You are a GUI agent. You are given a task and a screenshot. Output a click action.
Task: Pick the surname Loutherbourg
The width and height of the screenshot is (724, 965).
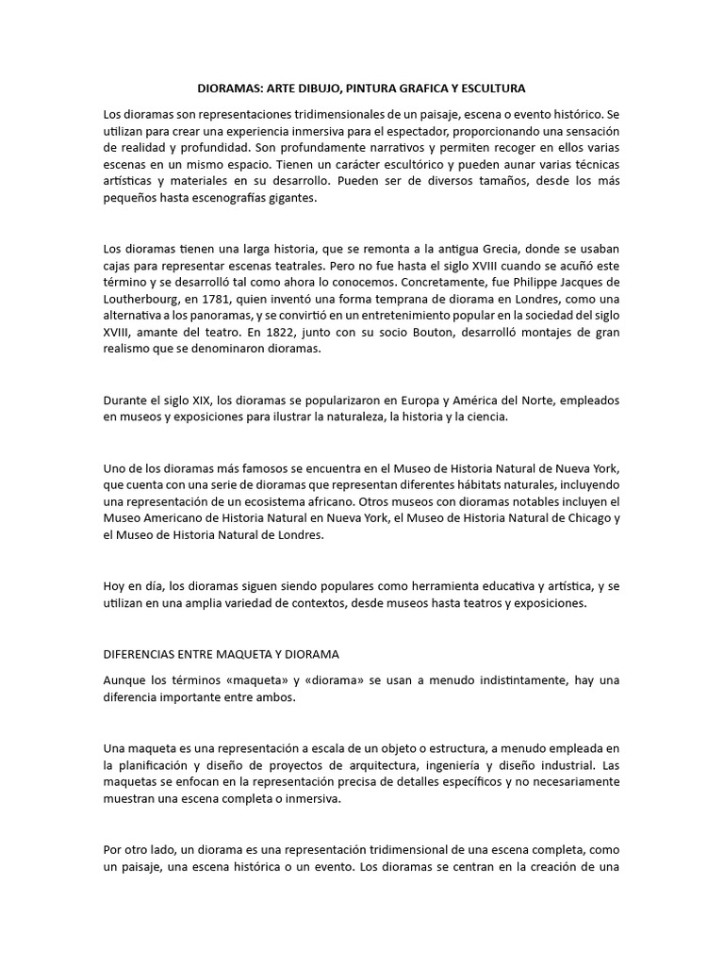pos(146,300)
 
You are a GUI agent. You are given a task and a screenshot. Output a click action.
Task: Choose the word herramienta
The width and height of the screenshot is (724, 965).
pos(446,587)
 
